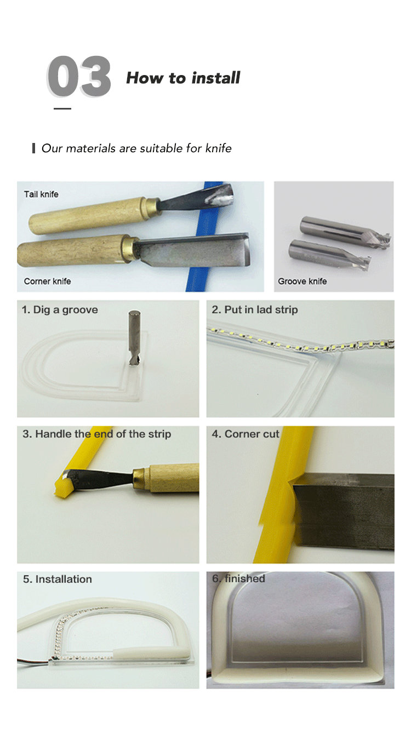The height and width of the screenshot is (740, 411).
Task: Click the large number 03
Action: pos(78,77)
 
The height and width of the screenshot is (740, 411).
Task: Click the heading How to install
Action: pos(183,78)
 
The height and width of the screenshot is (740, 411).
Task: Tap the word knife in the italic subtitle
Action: pos(219,148)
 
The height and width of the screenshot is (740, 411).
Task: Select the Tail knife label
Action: pos(41,194)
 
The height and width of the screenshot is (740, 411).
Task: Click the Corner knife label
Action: pos(47,281)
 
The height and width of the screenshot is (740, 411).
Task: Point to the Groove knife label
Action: pos(302,281)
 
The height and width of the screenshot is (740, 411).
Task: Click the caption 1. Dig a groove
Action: pos(60,310)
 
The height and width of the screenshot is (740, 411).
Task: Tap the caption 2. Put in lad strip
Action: pos(255,310)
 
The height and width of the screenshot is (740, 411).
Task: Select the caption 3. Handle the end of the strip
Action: pos(97,434)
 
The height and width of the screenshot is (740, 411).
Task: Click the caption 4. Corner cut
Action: pos(246,434)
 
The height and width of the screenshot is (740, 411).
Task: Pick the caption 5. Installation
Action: pos(58,579)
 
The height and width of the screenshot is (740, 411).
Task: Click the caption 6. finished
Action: pos(238,578)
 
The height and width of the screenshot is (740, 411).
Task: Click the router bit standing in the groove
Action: pos(134,337)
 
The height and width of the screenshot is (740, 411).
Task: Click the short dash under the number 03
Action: pos(62,108)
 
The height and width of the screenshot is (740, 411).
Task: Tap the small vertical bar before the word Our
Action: pos(33,148)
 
